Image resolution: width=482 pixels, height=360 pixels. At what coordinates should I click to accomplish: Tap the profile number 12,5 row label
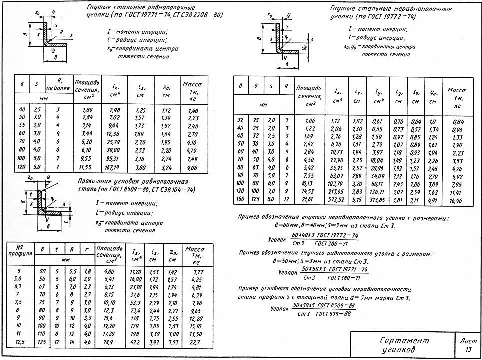tap(19, 343)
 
